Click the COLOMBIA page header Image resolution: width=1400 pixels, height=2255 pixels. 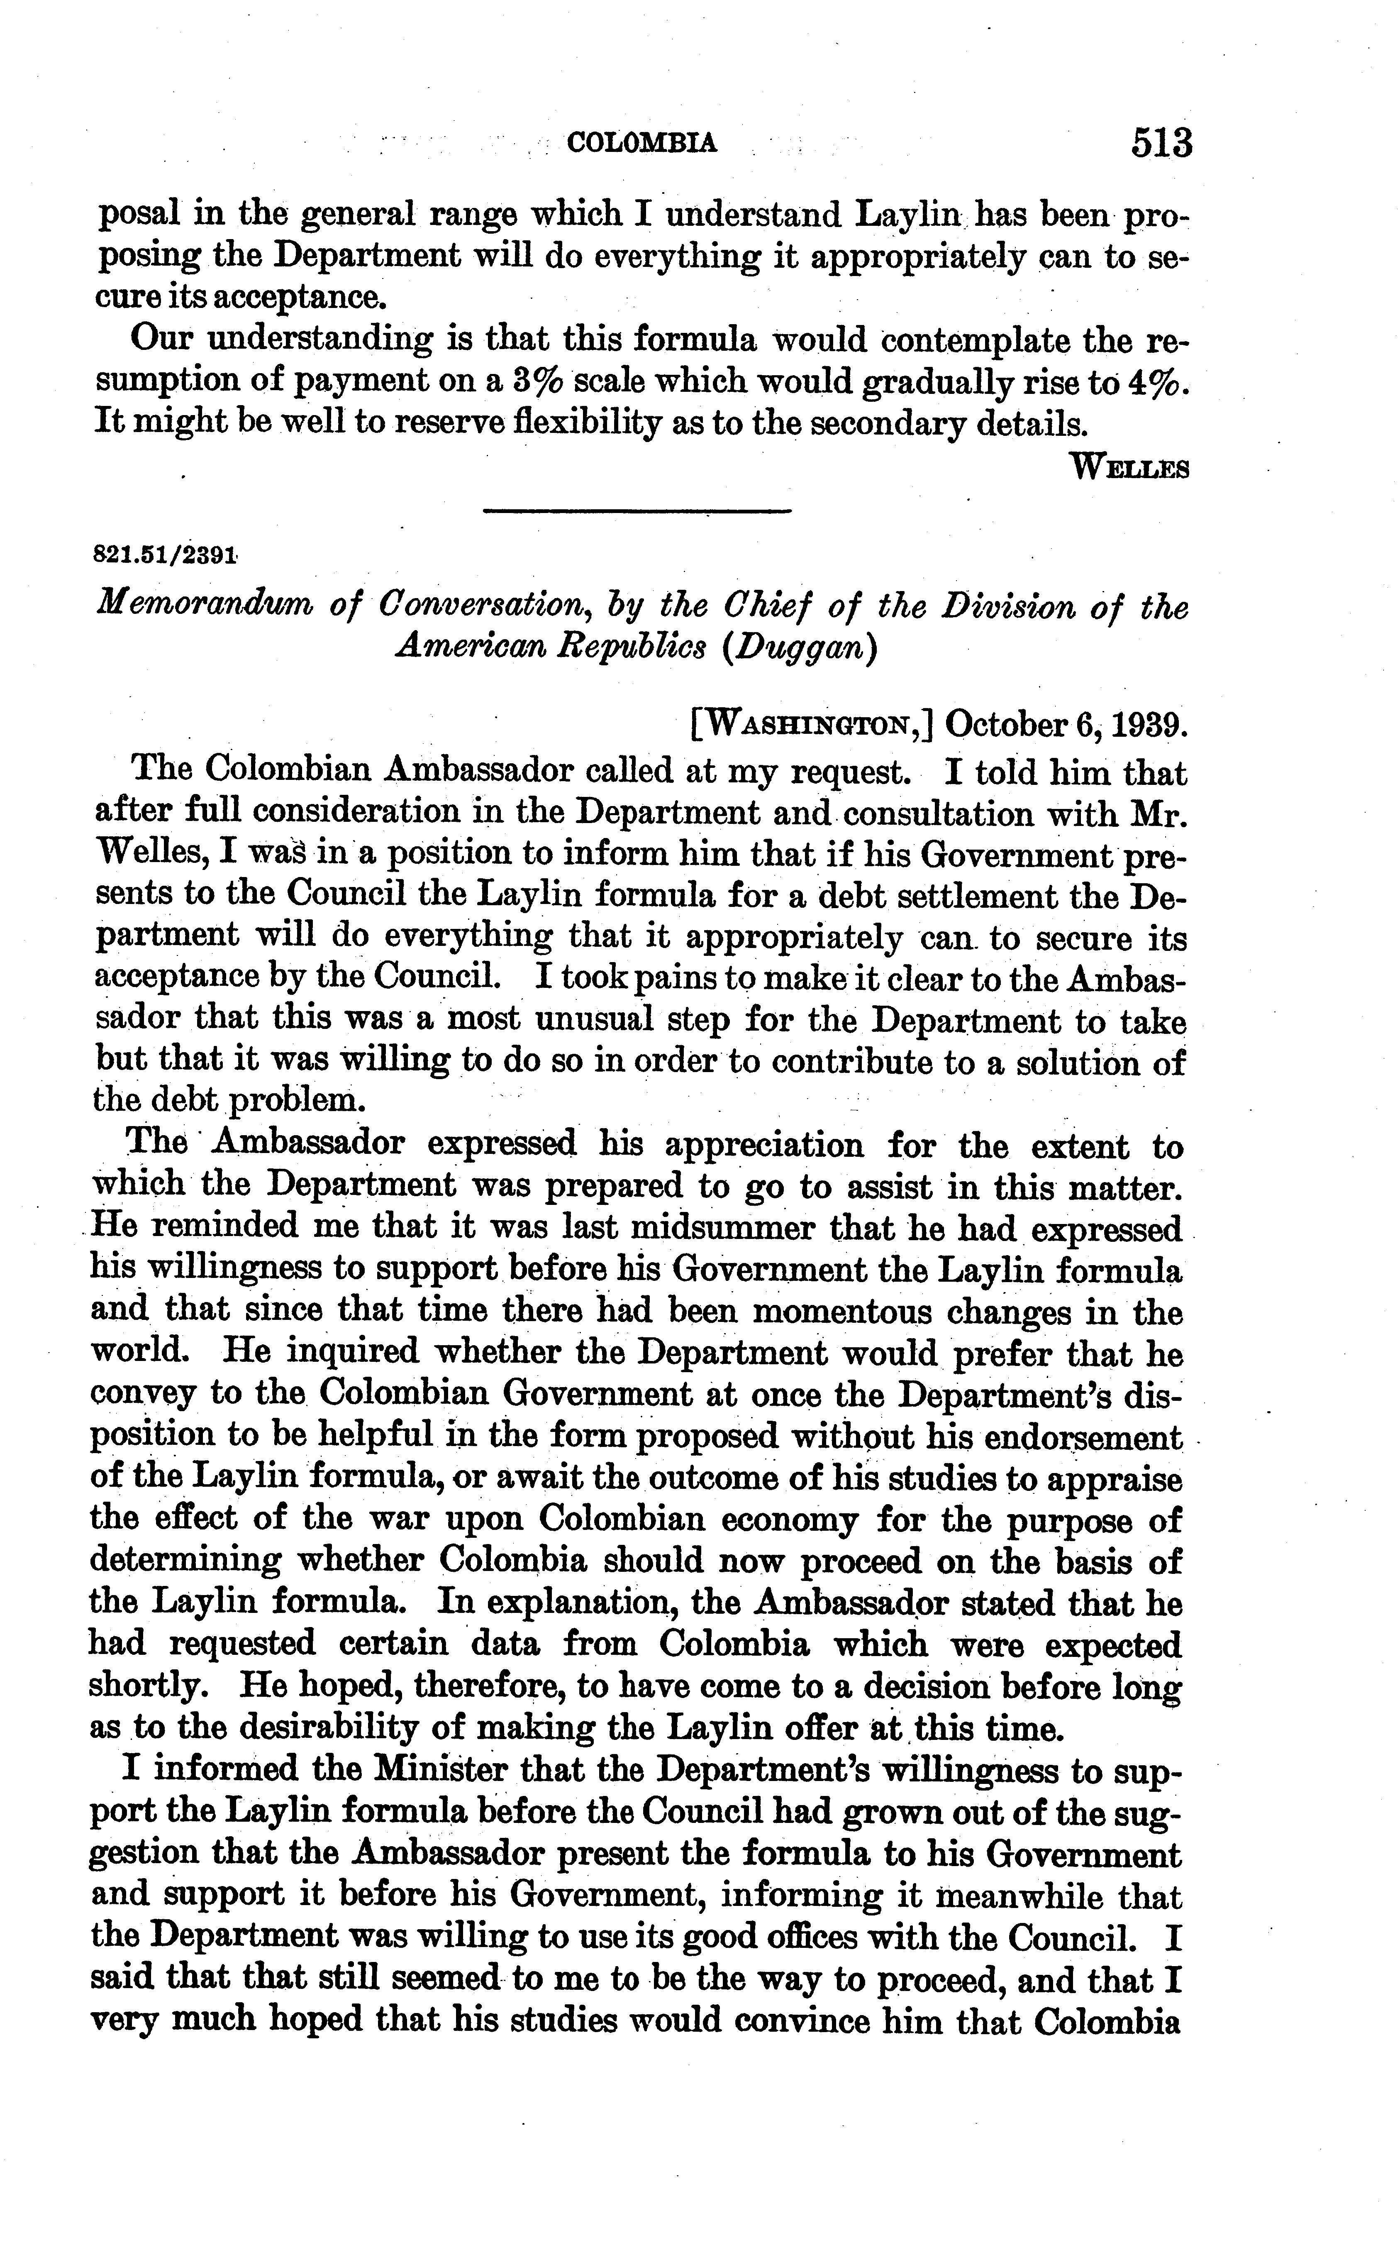[641, 144]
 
